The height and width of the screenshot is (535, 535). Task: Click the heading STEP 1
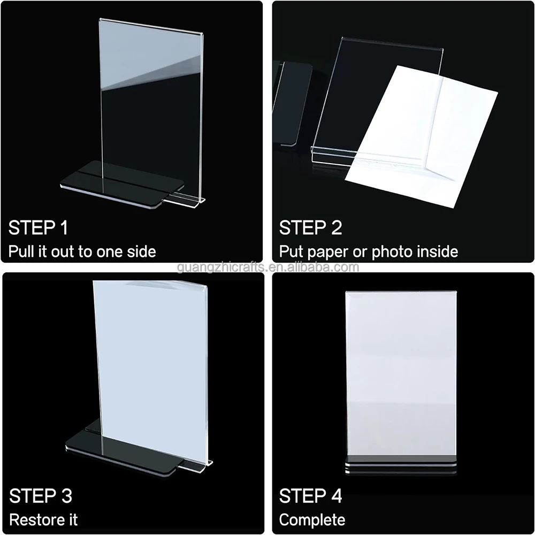point(38,227)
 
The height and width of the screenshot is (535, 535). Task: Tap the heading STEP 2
point(310,227)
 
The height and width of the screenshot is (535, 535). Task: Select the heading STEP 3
point(41,496)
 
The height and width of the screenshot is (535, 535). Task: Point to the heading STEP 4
point(310,496)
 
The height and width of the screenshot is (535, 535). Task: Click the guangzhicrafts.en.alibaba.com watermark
point(268,267)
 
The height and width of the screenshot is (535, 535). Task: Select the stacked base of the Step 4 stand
point(401,464)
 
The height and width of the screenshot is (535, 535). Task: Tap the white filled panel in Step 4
point(401,373)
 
